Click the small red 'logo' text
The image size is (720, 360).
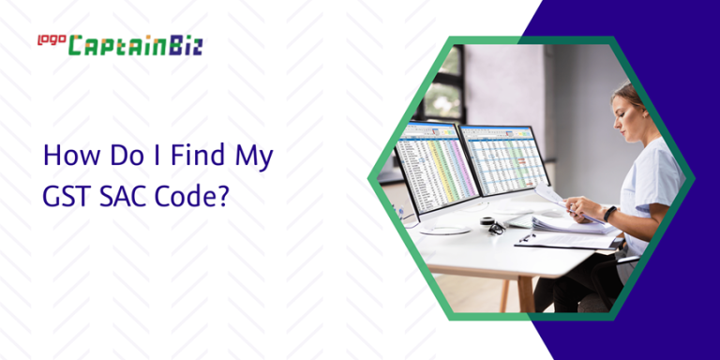49,39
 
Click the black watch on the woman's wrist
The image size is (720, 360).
610,213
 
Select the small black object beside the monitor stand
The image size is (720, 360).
494,226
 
